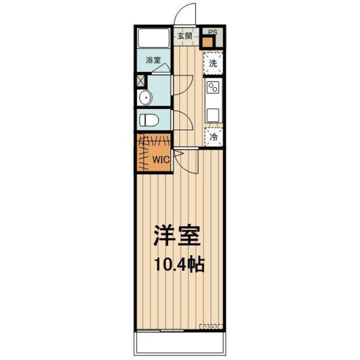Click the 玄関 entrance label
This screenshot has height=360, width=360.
pyautogui.click(x=185, y=36)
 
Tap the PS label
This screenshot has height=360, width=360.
pyautogui.click(x=213, y=32)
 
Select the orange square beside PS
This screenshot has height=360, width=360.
pyautogui.click(x=208, y=42)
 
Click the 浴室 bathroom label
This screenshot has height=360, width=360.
pyautogui.click(x=153, y=60)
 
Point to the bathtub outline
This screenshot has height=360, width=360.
pyautogui.click(x=154, y=38)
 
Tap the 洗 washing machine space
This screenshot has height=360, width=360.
pyautogui.click(x=213, y=63)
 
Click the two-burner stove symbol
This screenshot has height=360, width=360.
pyautogui.click(x=213, y=88)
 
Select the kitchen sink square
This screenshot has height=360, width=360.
pyautogui.click(x=213, y=115)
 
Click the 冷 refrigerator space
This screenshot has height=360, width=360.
pyautogui.click(x=214, y=137)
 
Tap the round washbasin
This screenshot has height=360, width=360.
pyautogui.click(x=145, y=97)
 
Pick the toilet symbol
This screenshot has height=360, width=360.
pyautogui.click(x=148, y=120)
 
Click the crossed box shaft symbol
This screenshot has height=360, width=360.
pyautogui.click(x=141, y=81)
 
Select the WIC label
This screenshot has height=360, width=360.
pyautogui.click(x=161, y=159)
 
